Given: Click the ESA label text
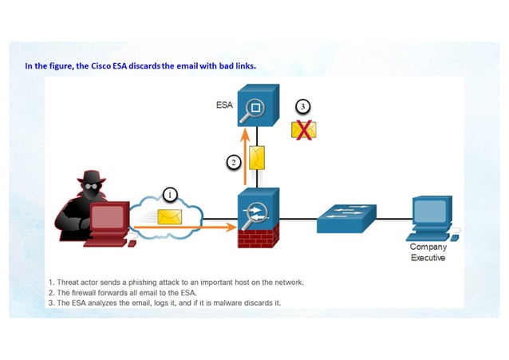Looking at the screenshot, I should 223,105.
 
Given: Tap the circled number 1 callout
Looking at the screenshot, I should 170,194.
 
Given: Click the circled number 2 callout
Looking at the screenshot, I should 233,162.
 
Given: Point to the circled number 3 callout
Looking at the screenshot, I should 302,106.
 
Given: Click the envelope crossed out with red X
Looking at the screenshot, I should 303,129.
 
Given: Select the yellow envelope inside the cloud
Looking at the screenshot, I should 169,216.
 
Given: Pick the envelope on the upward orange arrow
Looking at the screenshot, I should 257,157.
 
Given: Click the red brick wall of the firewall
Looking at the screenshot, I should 258,235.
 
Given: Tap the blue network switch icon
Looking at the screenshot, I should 345,217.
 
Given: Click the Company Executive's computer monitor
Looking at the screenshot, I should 431,212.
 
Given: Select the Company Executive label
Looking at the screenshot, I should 428,252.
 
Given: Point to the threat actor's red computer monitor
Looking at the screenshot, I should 110,216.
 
